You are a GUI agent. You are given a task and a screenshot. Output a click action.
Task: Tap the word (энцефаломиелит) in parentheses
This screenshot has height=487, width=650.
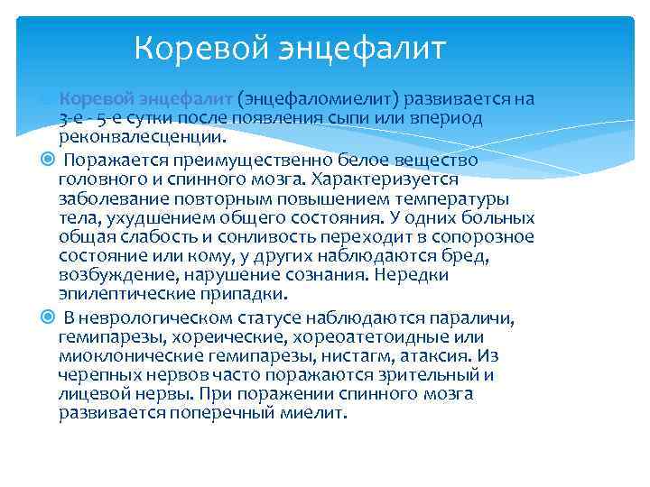coord(320,98)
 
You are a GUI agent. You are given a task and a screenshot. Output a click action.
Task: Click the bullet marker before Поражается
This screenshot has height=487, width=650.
coord(48,159)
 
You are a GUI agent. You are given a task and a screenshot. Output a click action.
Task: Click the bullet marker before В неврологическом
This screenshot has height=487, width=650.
coord(48,317)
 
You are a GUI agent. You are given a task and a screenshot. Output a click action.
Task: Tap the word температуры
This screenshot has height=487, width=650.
coord(456,198)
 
